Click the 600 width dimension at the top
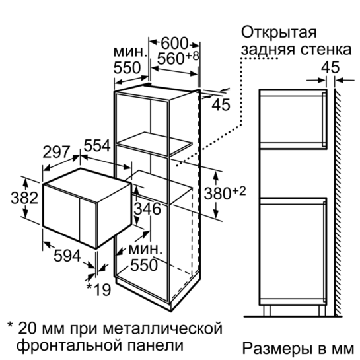click(174, 44)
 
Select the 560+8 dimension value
click(178, 58)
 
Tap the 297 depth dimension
click(56, 152)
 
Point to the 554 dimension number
click(97, 145)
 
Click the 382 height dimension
click(24, 198)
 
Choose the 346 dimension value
click(147, 209)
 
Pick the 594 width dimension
click(67, 256)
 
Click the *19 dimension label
click(98, 289)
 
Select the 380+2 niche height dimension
click(225, 192)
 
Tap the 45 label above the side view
click(330, 67)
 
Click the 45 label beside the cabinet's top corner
click(221, 105)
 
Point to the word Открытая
click(279, 32)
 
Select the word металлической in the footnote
click(162, 328)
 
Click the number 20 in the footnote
click(28, 328)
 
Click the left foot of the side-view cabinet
click(267, 311)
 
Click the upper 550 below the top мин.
click(127, 68)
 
